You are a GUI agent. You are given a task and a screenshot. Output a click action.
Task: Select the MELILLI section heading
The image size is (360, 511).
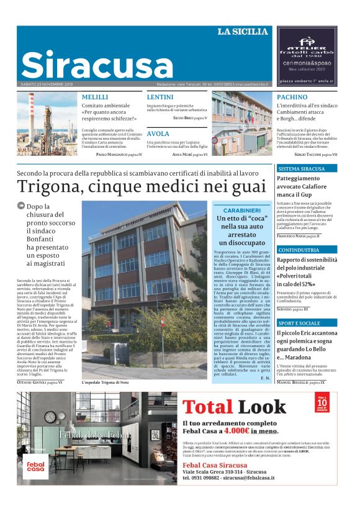[95, 97]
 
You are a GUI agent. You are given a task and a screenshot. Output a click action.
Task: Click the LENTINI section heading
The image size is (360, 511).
[160, 97]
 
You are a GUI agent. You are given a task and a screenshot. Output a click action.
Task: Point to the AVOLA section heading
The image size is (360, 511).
[158, 133]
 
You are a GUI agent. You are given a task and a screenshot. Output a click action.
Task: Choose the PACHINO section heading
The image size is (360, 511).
[292, 97]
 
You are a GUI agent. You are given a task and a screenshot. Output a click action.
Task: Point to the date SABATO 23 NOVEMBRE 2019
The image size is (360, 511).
[47, 84]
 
